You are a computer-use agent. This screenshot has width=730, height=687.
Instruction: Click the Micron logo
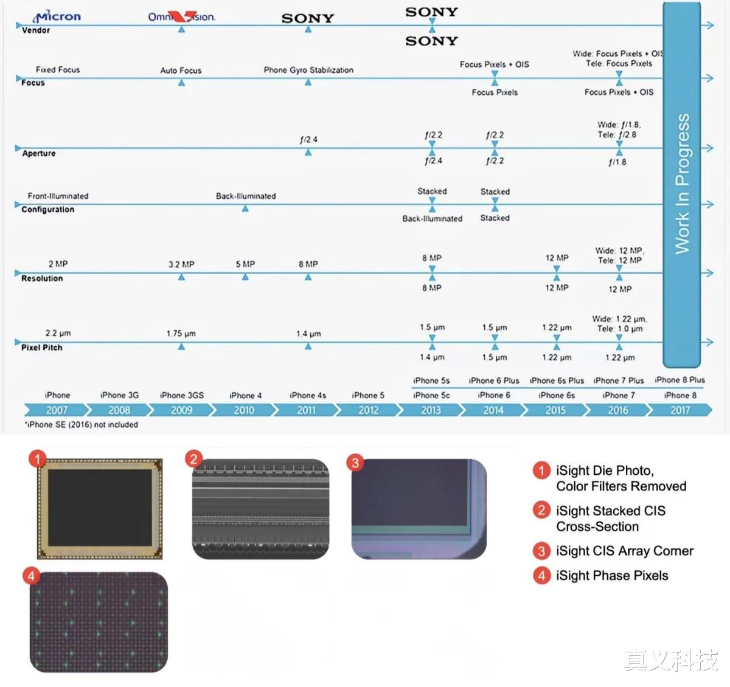[57, 16]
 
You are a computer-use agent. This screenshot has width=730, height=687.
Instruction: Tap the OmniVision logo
[181, 16]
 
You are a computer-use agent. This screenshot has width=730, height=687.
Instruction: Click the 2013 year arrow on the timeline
[431, 410]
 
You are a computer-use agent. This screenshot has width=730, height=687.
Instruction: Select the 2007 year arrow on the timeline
[57, 410]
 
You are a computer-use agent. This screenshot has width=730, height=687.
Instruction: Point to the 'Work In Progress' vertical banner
[682, 184]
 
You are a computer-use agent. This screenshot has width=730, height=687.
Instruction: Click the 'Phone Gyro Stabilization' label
[308, 70]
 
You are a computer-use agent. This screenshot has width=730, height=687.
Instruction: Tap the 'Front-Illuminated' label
[58, 196]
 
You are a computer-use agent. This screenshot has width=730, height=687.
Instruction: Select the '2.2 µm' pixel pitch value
[58, 333]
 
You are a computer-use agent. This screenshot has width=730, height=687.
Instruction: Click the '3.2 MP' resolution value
[181, 264]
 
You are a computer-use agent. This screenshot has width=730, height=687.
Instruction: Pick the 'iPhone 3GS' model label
[181, 395]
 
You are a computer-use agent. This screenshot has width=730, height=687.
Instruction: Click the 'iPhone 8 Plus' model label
[680, 380]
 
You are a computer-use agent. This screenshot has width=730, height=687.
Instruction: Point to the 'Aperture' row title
[38, 153]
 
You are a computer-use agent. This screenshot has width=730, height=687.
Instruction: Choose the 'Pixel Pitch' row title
[41, 347]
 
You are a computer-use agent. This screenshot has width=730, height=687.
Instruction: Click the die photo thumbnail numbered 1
[100, 509]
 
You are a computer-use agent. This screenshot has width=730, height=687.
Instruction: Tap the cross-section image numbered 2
[260, 509]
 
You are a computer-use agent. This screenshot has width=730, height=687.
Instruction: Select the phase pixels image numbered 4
[99, 622]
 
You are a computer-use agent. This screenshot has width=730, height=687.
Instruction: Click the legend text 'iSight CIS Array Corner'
[625, 551]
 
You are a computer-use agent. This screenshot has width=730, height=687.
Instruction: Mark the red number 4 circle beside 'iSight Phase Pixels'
[541, 576]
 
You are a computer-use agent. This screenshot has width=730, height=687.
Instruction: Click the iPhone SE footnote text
[82, 424]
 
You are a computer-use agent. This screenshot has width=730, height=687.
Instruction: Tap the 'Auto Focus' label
[181, 70]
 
